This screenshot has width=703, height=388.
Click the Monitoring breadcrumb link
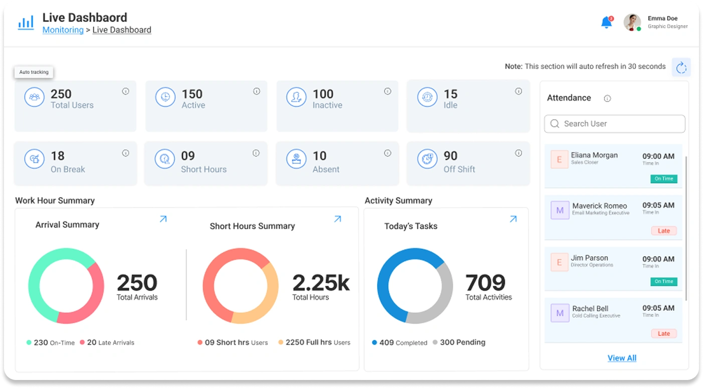(63, 30)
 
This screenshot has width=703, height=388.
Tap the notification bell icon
(606, 23)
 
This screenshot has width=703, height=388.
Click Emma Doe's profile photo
(632, 22)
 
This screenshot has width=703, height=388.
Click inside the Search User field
(615, 124)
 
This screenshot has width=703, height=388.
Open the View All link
(622, 358)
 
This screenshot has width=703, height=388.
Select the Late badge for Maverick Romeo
(664, 231)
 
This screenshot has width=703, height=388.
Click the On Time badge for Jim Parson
(664, 282)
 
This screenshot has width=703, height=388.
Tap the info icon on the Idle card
(518, 91)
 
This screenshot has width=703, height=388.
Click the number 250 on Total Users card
(61, 94)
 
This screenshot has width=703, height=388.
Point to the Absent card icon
(296, 159)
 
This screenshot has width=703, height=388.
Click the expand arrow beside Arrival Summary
(163, 219)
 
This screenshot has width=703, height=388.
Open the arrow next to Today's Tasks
(513, 219)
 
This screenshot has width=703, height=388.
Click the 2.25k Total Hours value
(321, 283)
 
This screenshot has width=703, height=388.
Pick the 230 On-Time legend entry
(50, 343)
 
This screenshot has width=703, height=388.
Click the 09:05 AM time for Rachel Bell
(658, 308)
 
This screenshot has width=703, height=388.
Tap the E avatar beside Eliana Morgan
(560, 159)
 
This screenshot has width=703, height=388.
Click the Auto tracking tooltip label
(34, 72)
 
